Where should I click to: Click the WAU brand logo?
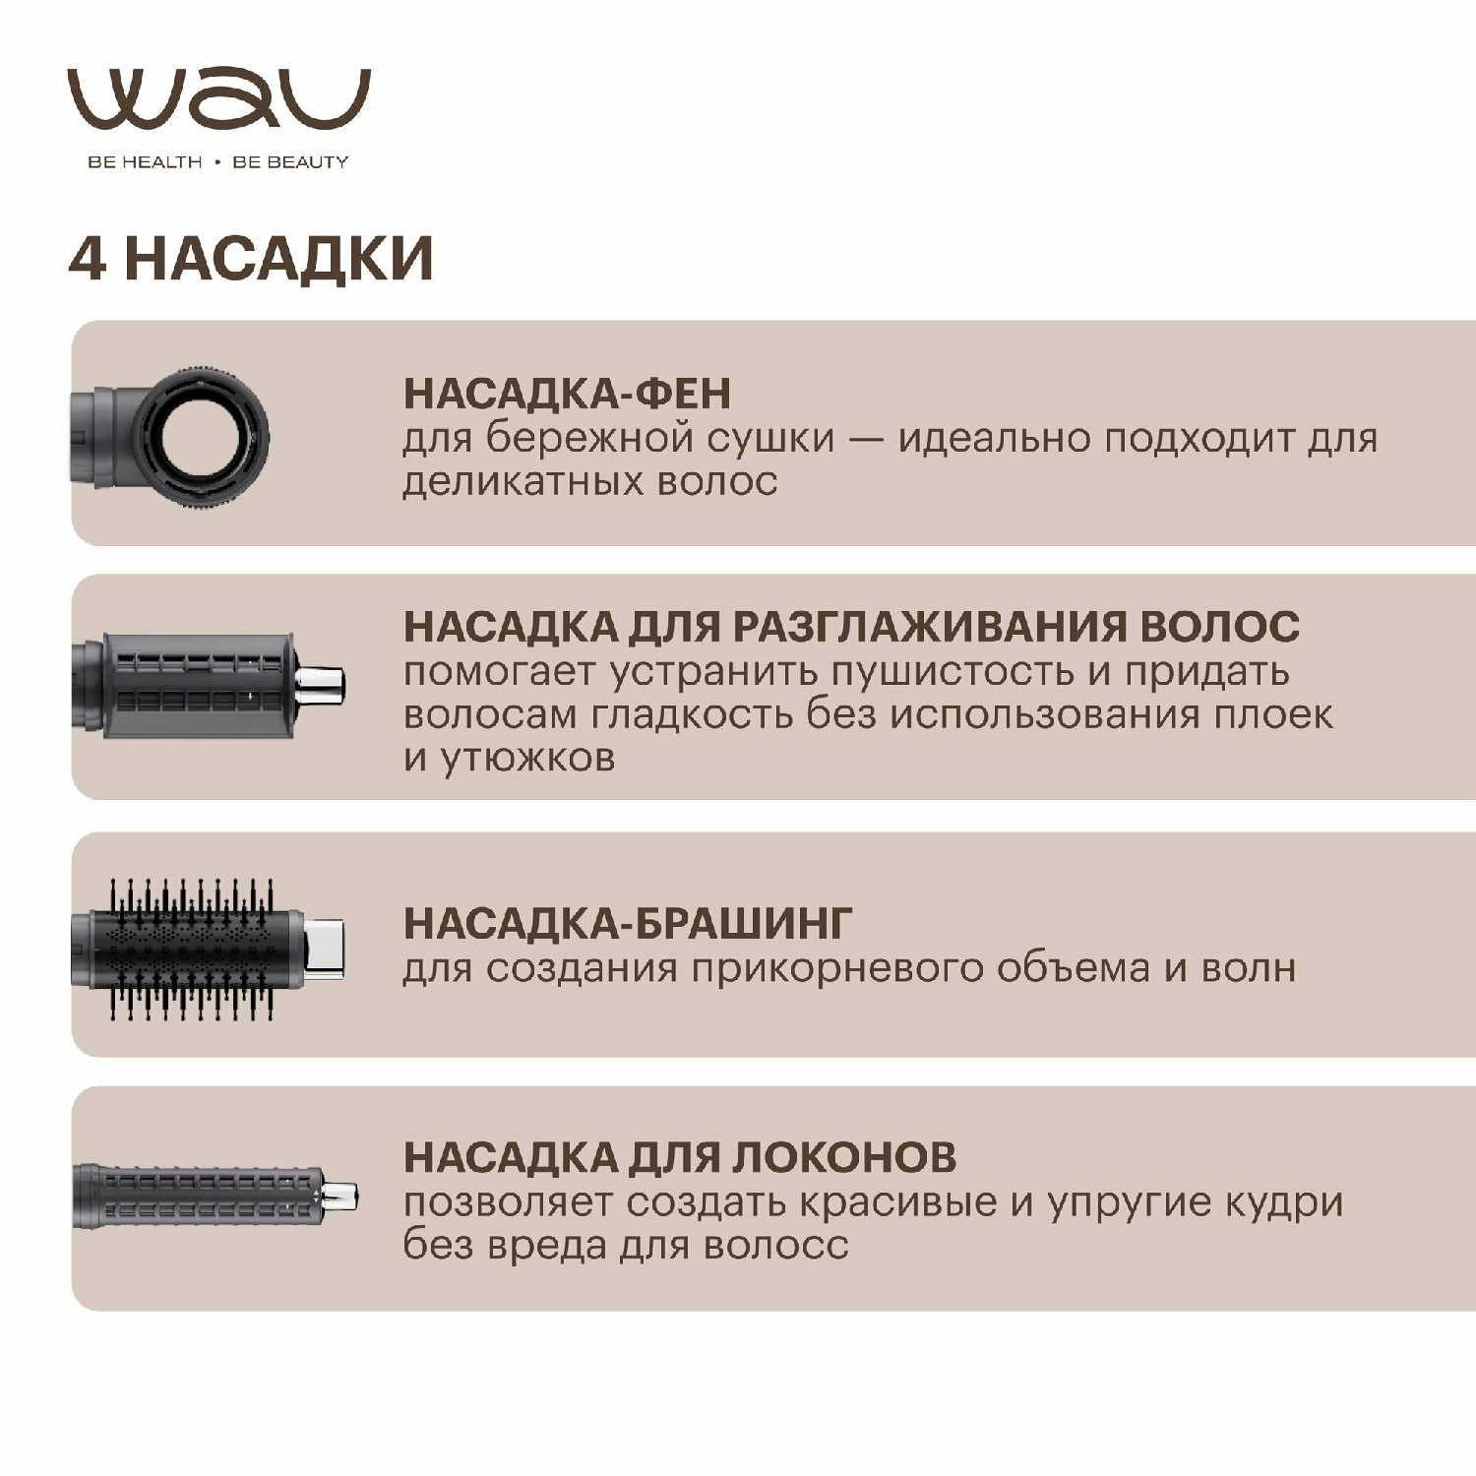point(218,99)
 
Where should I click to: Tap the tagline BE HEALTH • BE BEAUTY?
point(218,162)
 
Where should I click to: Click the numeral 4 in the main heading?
point(87,259)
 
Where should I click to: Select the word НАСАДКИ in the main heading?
point(278,259)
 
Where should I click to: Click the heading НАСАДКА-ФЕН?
point(568,394)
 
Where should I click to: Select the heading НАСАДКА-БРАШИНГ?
point(628,923)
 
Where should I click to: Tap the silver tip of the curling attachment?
point(340,1197)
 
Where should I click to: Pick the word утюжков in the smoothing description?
point(527,759)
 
